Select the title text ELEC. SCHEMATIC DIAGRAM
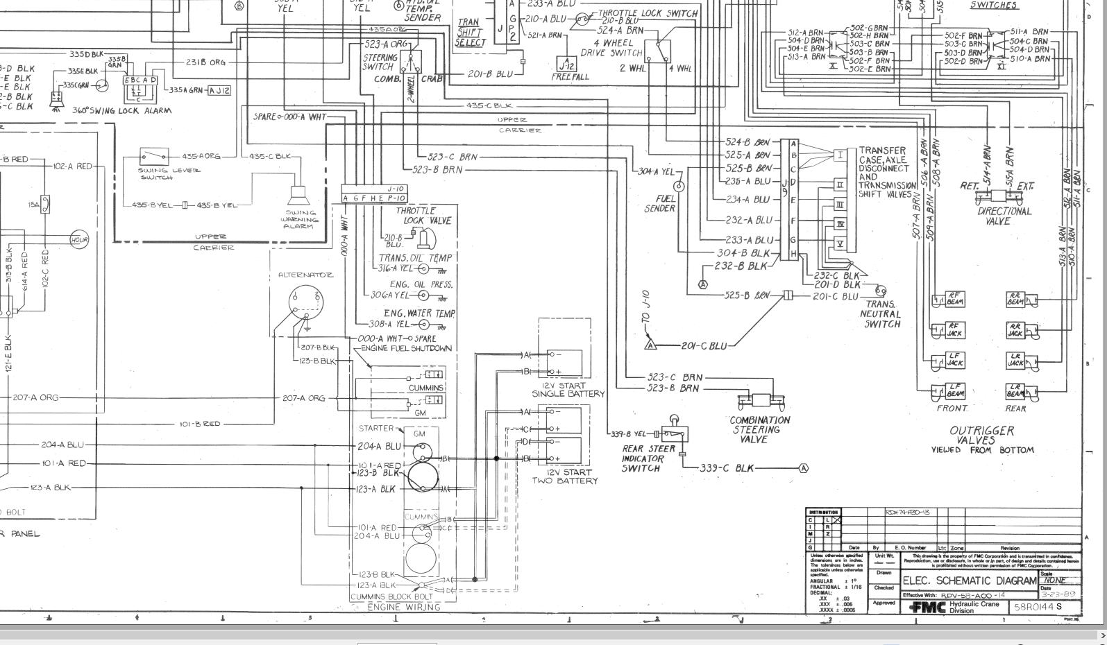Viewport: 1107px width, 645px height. [969, 580]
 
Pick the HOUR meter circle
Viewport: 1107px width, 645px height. [79, 240]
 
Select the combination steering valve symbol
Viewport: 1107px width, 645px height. [761, 401]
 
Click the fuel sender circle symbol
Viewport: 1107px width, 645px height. [679, 186]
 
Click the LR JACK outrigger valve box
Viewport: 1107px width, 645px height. [1016, 361]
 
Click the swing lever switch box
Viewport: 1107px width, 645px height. [153, 157]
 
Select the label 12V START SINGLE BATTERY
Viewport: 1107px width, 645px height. [568, 390]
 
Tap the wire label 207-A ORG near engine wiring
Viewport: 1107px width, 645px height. [303, 398]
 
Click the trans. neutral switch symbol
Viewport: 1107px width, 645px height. [880, 291]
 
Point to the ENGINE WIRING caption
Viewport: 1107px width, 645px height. [403, 607]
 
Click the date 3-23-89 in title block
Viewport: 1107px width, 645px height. [1058, 594]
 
